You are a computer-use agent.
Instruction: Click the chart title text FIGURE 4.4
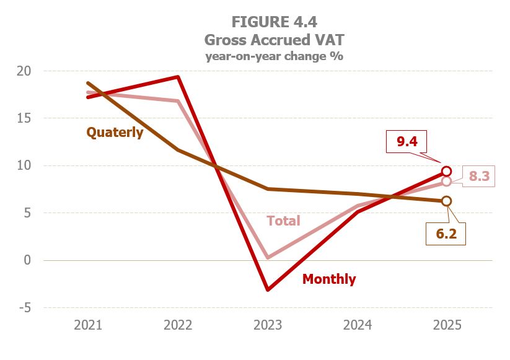(274, 22)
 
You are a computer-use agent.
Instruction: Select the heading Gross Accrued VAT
(274, 40)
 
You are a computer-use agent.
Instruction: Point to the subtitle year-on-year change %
(274, 56)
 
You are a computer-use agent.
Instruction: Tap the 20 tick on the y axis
(24, 71)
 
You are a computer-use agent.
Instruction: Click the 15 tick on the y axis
(24, 118)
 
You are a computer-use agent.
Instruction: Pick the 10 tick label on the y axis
(24, 165)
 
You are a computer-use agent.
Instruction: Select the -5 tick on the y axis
(24, 308)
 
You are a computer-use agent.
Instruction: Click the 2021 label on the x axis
(89, 325)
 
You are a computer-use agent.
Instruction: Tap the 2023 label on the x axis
(268, 325)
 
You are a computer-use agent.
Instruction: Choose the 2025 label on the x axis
(446, 325)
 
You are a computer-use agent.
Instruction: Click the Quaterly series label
(115, 132)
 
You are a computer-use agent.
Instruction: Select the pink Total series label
(283, 221)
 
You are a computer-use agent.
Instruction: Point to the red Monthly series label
(329, 279)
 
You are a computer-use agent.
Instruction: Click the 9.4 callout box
(407, 143)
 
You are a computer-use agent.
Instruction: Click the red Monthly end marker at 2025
(446, 171)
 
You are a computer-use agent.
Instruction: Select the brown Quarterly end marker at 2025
(446, 201)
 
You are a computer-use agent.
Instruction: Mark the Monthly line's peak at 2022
(178, 77)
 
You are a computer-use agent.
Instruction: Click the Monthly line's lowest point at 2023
(268, 289)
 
